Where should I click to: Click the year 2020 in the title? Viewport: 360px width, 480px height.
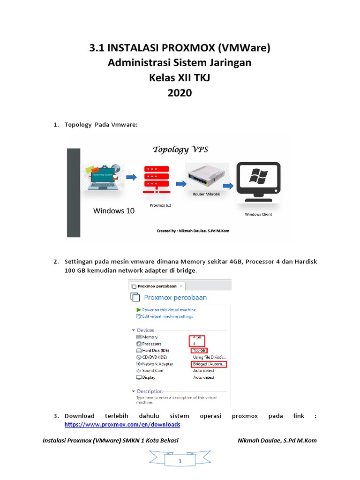click(x=180, y=93)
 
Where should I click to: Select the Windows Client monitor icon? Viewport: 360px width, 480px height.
click(x=258, y=184)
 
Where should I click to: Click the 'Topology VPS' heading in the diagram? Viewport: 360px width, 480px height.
click(x=180, y=150)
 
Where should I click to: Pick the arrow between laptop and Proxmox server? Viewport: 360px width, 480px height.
click(x=131, y=177)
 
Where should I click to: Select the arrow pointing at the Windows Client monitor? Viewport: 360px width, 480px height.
click(x=228, y=186)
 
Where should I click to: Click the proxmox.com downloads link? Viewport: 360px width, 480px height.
click(x=122, y=424)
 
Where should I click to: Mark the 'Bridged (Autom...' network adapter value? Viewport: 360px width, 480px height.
click(x=209, y=364)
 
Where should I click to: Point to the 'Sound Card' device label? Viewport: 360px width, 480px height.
click(x=152, y=370)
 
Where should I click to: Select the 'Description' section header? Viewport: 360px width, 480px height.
click(x=150, y=391)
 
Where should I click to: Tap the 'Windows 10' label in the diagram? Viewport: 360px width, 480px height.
click(x=114, y=211)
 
